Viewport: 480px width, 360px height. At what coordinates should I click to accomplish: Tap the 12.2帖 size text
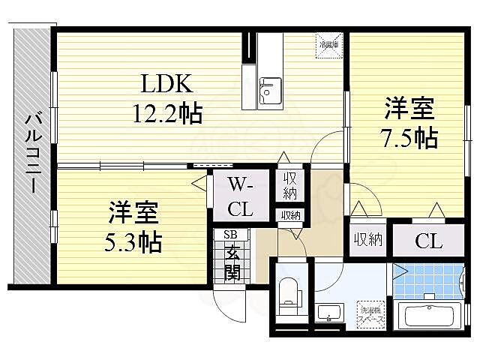tap(167, 114)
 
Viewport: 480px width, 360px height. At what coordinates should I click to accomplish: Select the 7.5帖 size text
tap(409, 137)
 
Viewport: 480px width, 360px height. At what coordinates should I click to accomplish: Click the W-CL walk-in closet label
tap(240, 196)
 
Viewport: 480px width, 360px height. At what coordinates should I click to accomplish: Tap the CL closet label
tap(428, 241)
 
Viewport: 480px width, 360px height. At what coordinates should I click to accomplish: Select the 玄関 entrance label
tap(232, 262)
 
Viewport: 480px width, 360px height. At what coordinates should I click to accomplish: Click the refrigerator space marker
tap(326, 43)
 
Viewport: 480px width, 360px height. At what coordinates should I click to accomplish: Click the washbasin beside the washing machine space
tap(328, 313)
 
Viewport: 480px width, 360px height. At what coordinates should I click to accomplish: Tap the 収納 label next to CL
tap(367, 240)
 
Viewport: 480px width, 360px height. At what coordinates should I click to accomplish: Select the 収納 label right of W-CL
tap(289, 186)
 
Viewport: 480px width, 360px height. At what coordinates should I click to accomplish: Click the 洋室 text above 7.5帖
tap(409, 109)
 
